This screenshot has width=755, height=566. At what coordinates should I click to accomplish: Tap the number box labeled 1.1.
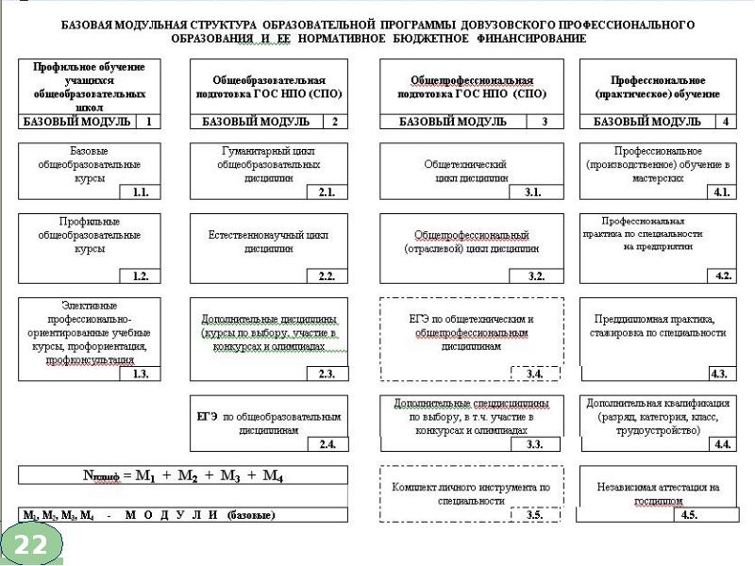141,191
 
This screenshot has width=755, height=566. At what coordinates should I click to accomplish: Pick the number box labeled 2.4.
327,443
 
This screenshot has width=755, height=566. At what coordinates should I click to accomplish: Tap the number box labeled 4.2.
722,275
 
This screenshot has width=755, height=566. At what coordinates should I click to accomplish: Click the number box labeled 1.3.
141,374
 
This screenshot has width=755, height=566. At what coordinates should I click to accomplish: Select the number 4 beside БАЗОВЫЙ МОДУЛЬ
725,122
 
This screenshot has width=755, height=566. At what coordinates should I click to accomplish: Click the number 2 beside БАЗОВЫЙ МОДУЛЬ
334,122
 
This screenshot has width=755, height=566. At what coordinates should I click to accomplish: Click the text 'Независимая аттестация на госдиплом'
658,494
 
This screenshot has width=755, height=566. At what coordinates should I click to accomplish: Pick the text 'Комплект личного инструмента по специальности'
470,494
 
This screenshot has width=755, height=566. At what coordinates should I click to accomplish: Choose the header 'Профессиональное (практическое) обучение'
657,88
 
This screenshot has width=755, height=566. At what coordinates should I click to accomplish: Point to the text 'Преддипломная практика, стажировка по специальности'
658,325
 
